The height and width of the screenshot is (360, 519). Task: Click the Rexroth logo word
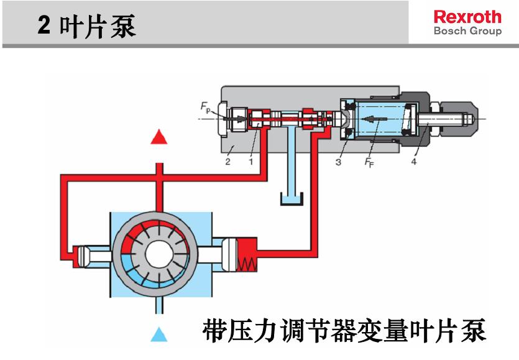coord(467,16)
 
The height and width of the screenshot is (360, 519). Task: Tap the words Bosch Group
coord(467,30)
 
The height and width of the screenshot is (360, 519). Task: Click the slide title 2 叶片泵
coord(87,26)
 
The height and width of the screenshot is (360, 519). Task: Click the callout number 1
coord(250,162)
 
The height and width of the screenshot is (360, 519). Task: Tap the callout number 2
coord(227,162)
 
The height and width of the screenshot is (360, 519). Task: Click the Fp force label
coord(205,107)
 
